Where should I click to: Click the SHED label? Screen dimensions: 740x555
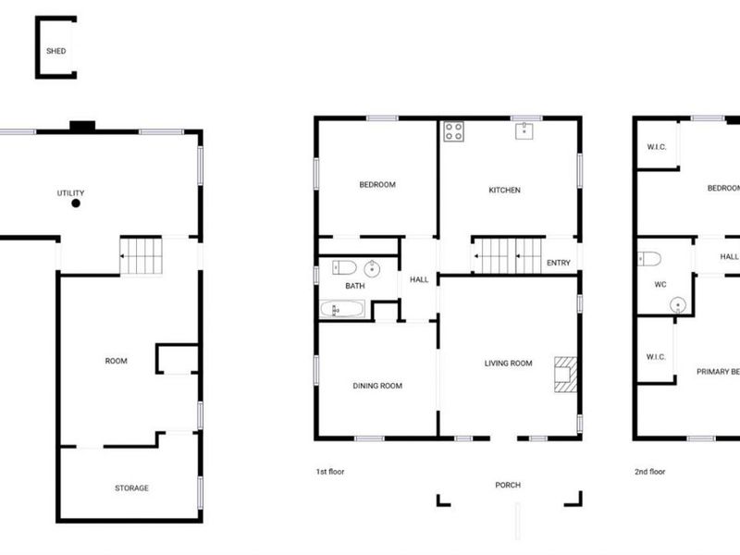(55, 51)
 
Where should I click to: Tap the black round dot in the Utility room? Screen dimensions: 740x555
(76, 203)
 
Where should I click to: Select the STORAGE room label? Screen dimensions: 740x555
(131, 488)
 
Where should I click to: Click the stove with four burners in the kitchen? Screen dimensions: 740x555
(453, 131)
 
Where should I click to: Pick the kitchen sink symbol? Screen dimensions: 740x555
(524, 131)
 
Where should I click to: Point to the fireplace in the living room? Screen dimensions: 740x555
(565, 375)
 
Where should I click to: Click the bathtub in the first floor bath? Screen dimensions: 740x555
(342, 310)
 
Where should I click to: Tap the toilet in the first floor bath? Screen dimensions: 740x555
(344, 267)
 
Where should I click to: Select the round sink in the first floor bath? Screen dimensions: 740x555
(373, 268)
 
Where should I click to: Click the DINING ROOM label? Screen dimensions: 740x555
(377, 386)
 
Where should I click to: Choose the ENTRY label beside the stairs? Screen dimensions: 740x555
(559, 263)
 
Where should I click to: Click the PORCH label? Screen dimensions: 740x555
(508, 485)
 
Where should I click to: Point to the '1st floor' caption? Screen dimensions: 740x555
(330, 472)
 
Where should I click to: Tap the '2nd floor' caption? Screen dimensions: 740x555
(650, 472)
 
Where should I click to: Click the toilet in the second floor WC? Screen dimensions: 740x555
(649, 259)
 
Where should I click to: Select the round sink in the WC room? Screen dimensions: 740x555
(678, 305)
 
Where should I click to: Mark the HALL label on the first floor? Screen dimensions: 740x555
(419, 279)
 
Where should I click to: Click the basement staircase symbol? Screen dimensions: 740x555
(141, 256)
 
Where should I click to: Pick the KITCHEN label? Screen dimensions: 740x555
(504, 190)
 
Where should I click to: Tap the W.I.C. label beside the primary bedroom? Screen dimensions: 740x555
(656, 357)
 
